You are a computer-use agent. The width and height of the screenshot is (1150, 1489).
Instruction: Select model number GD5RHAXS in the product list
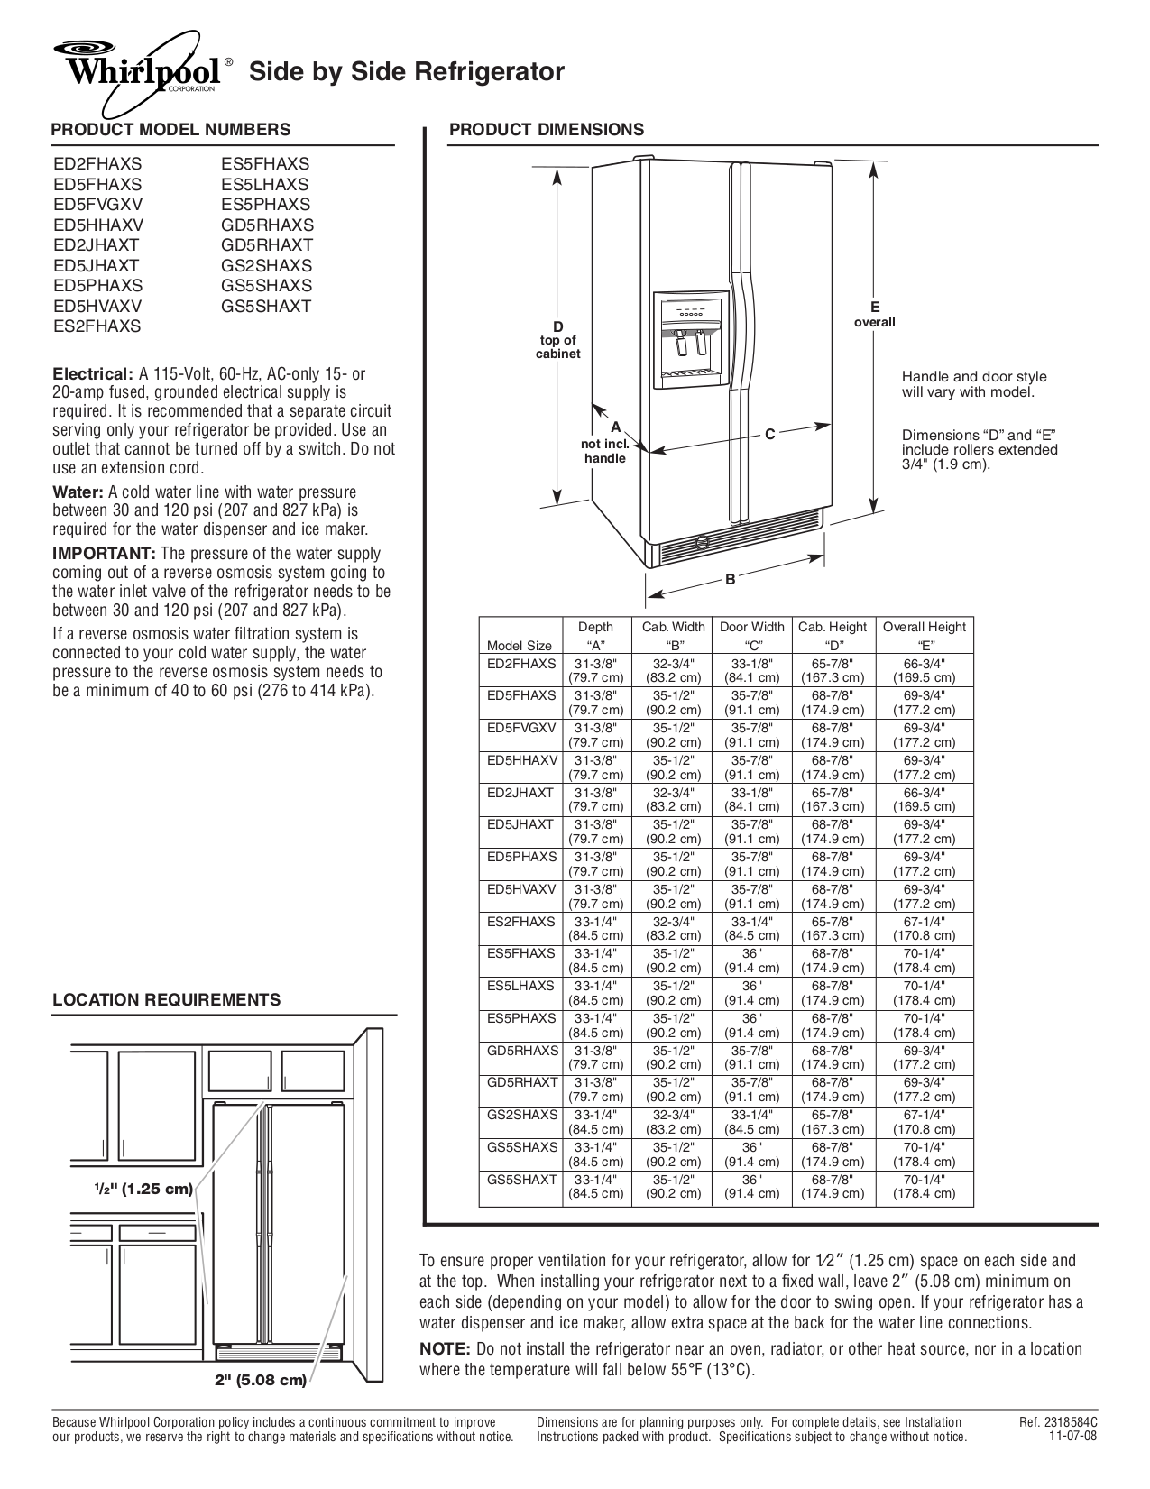point(268,225)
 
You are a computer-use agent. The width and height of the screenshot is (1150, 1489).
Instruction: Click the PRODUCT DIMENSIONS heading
point(547,129)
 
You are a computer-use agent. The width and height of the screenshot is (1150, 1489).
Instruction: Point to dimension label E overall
point(874,314)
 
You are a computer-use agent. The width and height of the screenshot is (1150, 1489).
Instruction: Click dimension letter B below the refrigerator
point(731,580)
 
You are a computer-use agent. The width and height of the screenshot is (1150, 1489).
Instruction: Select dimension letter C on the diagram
point(769,435)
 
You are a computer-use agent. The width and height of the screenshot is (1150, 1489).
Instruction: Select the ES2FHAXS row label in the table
point(521,922)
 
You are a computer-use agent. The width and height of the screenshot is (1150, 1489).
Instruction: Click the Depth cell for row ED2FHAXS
point(595,670)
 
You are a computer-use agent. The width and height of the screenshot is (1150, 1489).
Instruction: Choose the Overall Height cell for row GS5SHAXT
point(924,1186)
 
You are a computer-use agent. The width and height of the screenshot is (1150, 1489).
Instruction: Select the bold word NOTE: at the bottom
point(446,1349)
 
